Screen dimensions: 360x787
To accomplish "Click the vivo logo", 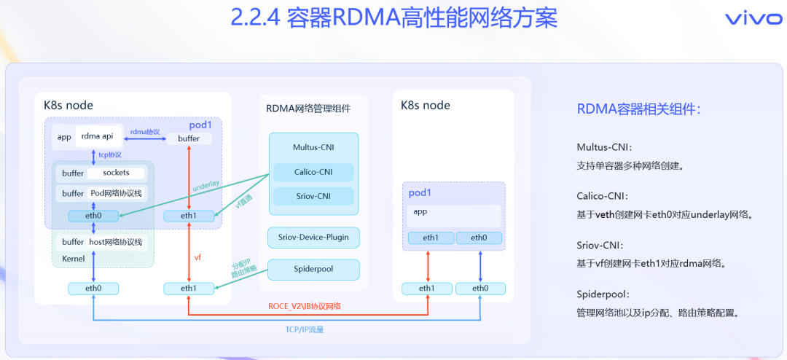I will pyautogui.click(x=753, y=18).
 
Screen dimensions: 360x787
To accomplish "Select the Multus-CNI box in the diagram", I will pyautogui.click(x=313, y=146).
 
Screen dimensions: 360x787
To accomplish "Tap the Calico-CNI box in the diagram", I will pyautogui.click(x=313, y=172).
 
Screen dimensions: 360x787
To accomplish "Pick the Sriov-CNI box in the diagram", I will pyautogui.click(x=313, y=196).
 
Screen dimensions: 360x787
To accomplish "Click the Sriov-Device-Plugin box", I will pyautogui.click(x=313, y=237).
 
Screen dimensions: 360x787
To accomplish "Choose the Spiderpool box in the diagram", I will pyautogui.click(x=313, y=269).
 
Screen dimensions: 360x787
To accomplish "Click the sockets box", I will pyautogui.click(x=117, y=173).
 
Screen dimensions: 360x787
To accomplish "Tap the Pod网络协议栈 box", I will pyautogui.click(x=117, y=193).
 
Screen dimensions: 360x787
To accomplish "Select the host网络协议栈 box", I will pyautogui.click(x=117, y=242).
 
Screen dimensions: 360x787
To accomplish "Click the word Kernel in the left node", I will pyautogui.click(x=74, y=258).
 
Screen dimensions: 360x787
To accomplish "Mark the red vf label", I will pyautogui.click(x=197, y=257).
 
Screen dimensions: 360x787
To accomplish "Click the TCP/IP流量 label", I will pyautogui.click(x=304, y=329).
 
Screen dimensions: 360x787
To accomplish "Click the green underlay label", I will pyautogui.click(x=206, y=187).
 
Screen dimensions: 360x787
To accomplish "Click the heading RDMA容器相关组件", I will pyautogui.click(x=639, y=109).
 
